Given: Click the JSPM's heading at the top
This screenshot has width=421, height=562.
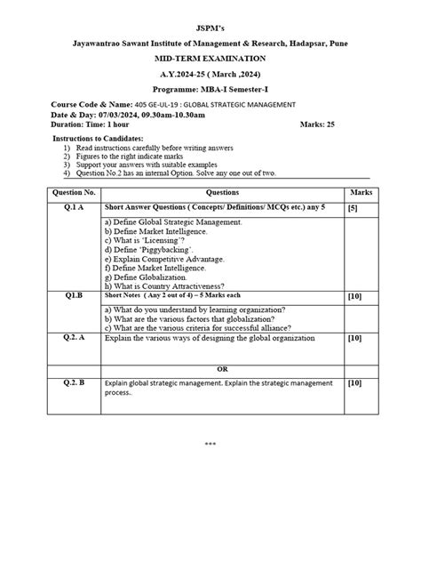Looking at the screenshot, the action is point(210,14).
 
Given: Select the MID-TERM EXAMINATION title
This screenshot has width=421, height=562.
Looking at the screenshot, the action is point(210,57).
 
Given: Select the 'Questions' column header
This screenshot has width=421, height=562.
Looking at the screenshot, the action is point(222,191).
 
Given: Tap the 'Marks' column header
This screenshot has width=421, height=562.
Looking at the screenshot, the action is point(361,191).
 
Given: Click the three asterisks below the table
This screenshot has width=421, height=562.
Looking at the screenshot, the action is point(210,443).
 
